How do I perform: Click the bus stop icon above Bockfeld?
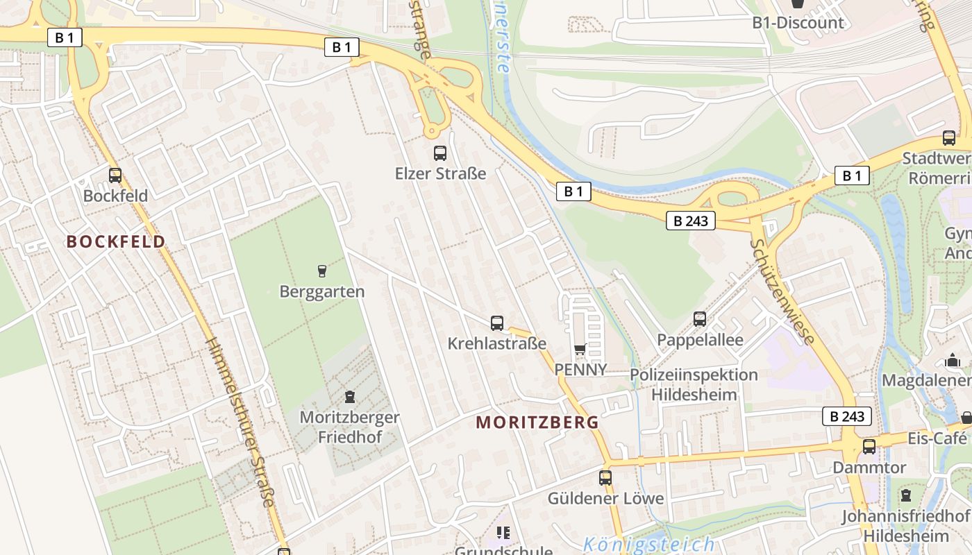115,176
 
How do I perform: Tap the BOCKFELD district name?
116,241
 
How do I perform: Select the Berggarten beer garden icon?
321,270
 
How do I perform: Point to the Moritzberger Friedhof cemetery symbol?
349,397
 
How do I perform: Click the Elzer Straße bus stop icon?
440,153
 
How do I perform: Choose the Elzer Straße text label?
440,173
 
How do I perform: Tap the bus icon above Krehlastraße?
497,323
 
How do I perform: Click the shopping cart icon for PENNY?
580,350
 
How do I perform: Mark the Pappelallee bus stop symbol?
700,319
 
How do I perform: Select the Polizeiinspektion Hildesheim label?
694,385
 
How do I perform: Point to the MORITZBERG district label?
537,422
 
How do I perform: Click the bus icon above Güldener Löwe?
605,477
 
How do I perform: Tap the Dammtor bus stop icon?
869,447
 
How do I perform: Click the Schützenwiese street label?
782,291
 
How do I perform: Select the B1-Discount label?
798,22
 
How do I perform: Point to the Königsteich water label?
648,545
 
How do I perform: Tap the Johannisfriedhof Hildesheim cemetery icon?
905,495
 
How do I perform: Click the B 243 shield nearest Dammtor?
847,416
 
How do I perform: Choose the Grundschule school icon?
503,533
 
